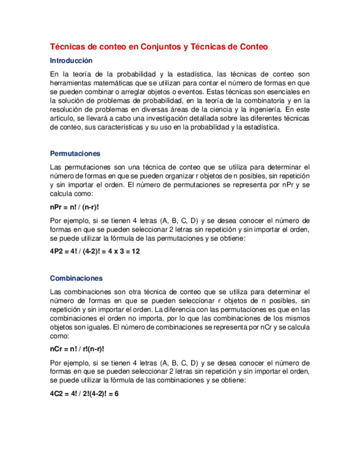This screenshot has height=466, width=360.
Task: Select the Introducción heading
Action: (71, 61)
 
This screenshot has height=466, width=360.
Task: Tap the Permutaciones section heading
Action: (75, 153)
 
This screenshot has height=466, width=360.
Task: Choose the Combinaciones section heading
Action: (76, 278)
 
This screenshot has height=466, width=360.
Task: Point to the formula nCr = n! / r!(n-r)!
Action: (77, 349)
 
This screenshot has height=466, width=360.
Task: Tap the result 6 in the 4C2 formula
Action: (116, 393)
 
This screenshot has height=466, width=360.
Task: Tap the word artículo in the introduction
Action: (62, 119)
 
